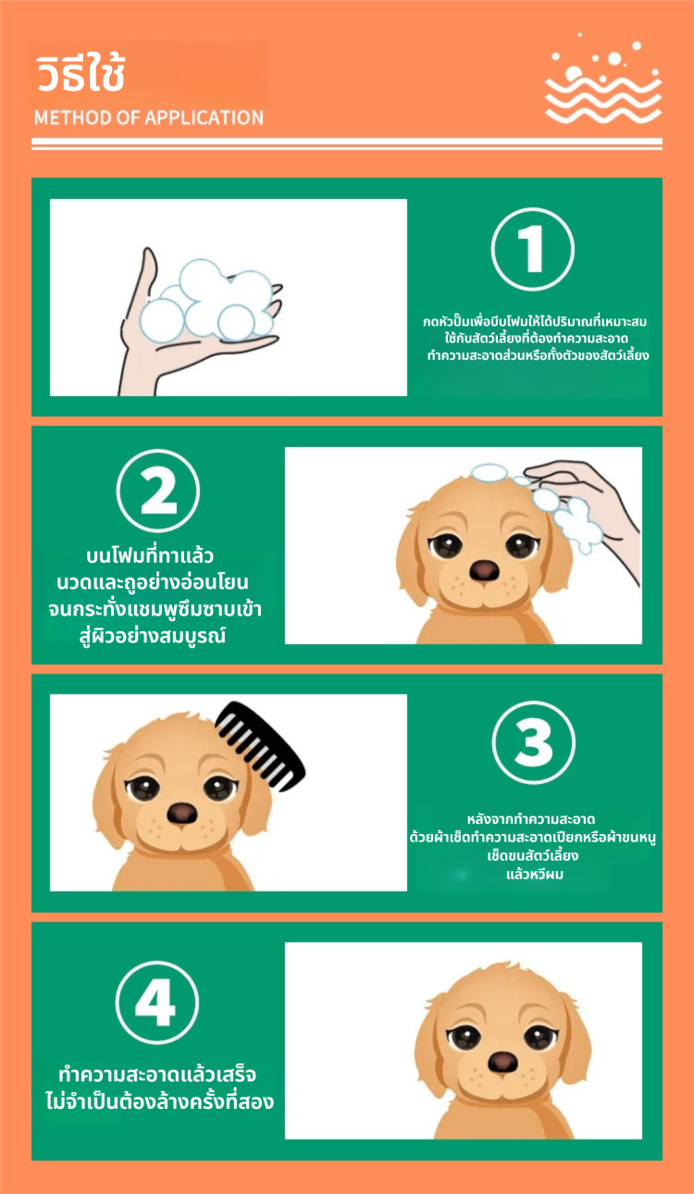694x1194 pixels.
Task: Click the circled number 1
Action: (x=532, y=250)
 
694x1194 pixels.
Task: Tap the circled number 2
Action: (x=158, y=491)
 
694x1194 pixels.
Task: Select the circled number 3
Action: (x=534, y=742)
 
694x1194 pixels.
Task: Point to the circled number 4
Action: (x=157, y=1002)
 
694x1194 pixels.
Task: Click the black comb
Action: (x=260, y=745)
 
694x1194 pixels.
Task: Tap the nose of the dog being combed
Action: (x=181, y=813)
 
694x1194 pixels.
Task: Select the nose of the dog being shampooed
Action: (x=484, y=570)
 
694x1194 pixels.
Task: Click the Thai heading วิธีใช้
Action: (x=81, y=72)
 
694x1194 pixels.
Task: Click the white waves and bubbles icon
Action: (x=603, y=79)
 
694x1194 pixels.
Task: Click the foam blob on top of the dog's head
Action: (x=490, y=473)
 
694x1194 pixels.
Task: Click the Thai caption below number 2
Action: (x=154, y=595)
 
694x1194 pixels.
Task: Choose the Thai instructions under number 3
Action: (x=533, y=847)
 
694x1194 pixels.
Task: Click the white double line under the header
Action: (x=347, y=143)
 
